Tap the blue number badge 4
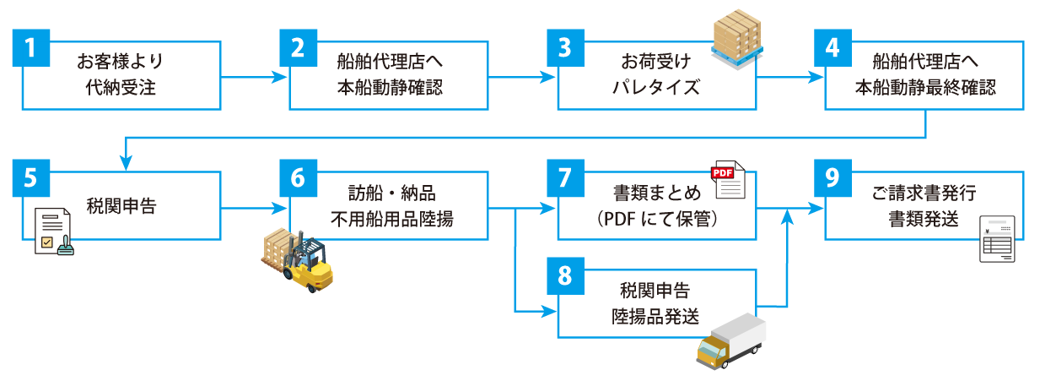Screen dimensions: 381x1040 833,48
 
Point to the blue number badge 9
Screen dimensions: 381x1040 833,177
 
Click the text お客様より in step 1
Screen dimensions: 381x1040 121,61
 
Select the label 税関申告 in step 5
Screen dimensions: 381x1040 121,206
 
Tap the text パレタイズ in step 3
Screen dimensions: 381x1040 656,87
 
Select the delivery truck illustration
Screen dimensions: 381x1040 730,341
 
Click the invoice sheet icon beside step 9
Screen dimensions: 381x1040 998,240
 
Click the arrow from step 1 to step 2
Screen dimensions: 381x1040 253,79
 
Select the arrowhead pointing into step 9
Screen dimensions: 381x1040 816,207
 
